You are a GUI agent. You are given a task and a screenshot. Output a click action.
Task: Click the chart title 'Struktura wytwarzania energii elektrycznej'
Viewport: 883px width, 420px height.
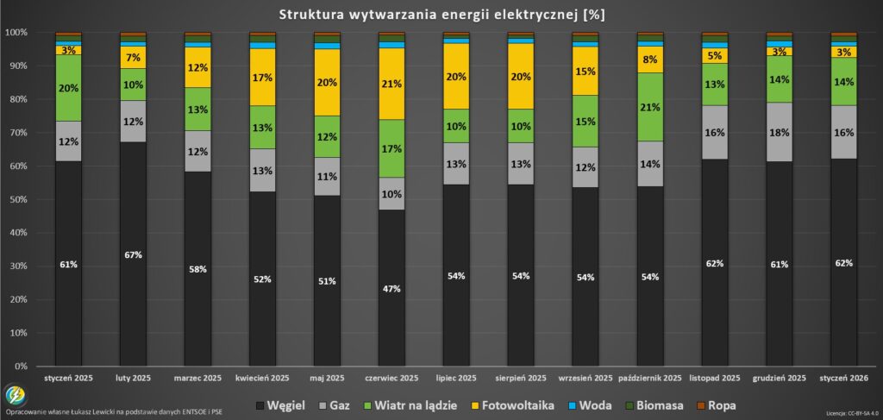point(441,15)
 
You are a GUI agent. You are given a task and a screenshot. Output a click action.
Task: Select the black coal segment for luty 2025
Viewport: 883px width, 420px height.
point(133,254)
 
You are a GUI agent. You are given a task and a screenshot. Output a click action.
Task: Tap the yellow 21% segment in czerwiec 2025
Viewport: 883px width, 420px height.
point(391,84)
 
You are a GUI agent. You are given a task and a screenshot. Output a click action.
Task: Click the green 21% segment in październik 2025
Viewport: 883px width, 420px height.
point(650,107)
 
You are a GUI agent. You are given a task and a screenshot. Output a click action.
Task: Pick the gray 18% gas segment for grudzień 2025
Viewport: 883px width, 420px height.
point(780,132)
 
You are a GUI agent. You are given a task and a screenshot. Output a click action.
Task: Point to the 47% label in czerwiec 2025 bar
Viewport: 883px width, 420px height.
point(391,289)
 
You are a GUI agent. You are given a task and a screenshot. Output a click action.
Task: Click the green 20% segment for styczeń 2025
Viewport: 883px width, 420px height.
point(68,87)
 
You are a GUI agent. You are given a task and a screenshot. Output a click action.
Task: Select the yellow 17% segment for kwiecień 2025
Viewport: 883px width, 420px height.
point(262,77)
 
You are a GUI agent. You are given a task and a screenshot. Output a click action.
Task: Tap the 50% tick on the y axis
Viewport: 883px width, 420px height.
point(17,199)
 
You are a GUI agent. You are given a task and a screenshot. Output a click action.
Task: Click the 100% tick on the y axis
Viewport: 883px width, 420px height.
point(16,33)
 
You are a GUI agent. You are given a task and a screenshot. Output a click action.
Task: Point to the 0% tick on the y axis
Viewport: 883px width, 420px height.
point(19,367)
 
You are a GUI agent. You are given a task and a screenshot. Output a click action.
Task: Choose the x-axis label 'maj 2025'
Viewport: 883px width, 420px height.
point(327,379)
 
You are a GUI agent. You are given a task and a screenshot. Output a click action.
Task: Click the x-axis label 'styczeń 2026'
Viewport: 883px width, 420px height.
point(843,379)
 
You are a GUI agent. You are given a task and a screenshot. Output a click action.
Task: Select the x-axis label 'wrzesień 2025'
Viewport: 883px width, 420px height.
point(586,379)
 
